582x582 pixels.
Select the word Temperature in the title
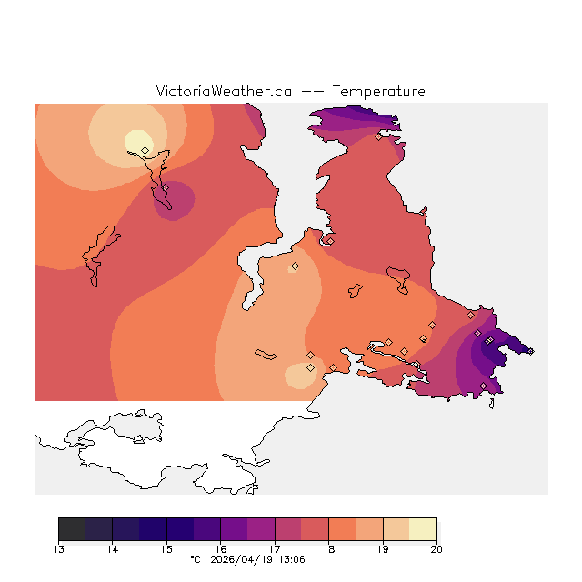pos(378,92)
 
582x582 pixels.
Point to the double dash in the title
pos(313,92)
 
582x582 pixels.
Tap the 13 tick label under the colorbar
pos(59,548)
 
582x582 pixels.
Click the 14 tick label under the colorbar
pos(113,548)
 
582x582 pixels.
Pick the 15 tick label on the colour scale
pos(166,548)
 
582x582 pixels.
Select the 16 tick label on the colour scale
pos(221,548)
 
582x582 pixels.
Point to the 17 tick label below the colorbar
pos(275,548)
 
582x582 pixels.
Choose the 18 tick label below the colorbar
pos(328,548)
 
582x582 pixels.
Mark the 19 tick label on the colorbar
pos(383,548)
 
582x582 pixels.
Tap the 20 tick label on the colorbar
pos(436,548)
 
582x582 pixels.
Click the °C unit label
pos(195,560)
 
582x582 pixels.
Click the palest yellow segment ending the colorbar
pos(423,529)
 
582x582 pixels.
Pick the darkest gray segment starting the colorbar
pos(72,529)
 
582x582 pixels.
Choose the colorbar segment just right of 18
pos(342,529)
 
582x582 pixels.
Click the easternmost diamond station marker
pos(530,351)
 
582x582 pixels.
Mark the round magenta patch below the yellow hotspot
pos(172,200)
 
